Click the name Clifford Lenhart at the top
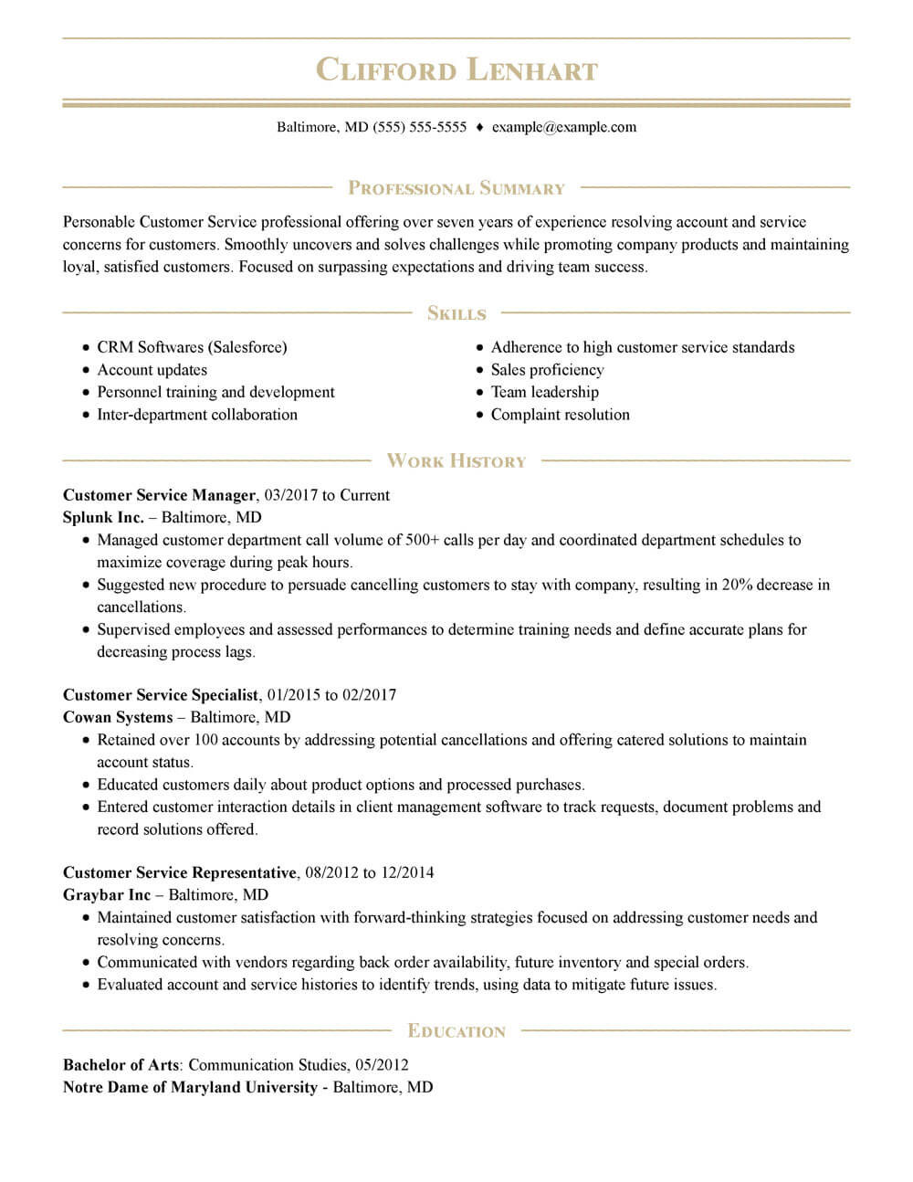coord(456,70)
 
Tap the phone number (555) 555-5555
coord(419,127)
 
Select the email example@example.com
coord(564,127)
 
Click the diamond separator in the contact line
coord(479,128)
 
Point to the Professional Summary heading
coord(456,188)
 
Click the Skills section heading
coord(456,313)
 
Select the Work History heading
coord(456,461)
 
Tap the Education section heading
coord(456,1031)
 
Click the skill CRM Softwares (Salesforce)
coord(192,347)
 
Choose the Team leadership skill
coord(545,392)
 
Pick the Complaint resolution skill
coord(560,415)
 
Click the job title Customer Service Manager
coord(159,495)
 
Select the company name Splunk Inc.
coord(103,517)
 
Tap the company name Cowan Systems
coord(118,717)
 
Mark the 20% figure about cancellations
coord(737,585)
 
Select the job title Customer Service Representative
coord(180,872)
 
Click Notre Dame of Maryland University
coord(190,1087)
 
